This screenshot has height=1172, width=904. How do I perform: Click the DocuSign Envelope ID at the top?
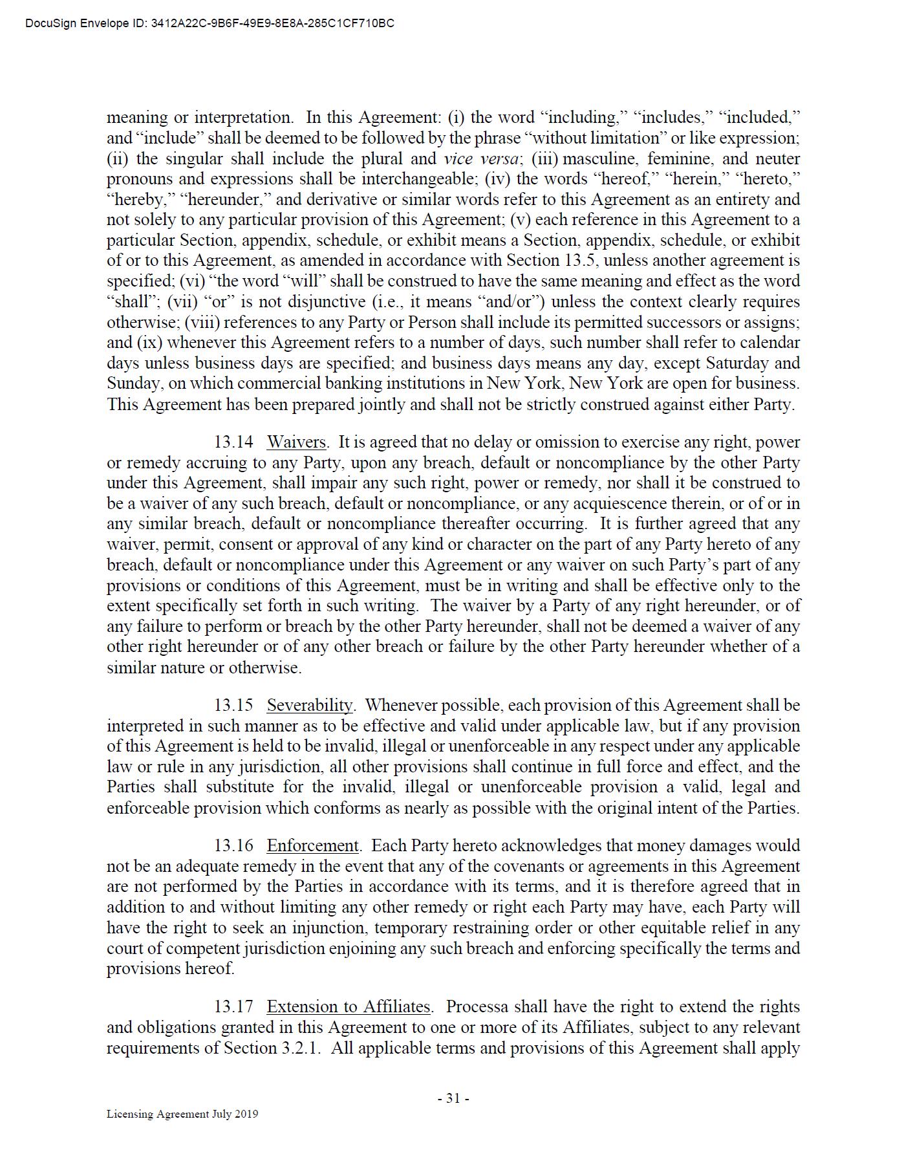210,24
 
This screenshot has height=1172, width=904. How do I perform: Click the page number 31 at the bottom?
453,1098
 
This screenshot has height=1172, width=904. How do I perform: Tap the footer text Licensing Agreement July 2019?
182,1114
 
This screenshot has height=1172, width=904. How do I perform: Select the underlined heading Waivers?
296,442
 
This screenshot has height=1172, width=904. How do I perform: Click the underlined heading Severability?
310,705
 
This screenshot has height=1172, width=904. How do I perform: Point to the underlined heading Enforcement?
312,845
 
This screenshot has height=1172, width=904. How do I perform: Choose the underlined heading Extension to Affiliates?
349,1007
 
